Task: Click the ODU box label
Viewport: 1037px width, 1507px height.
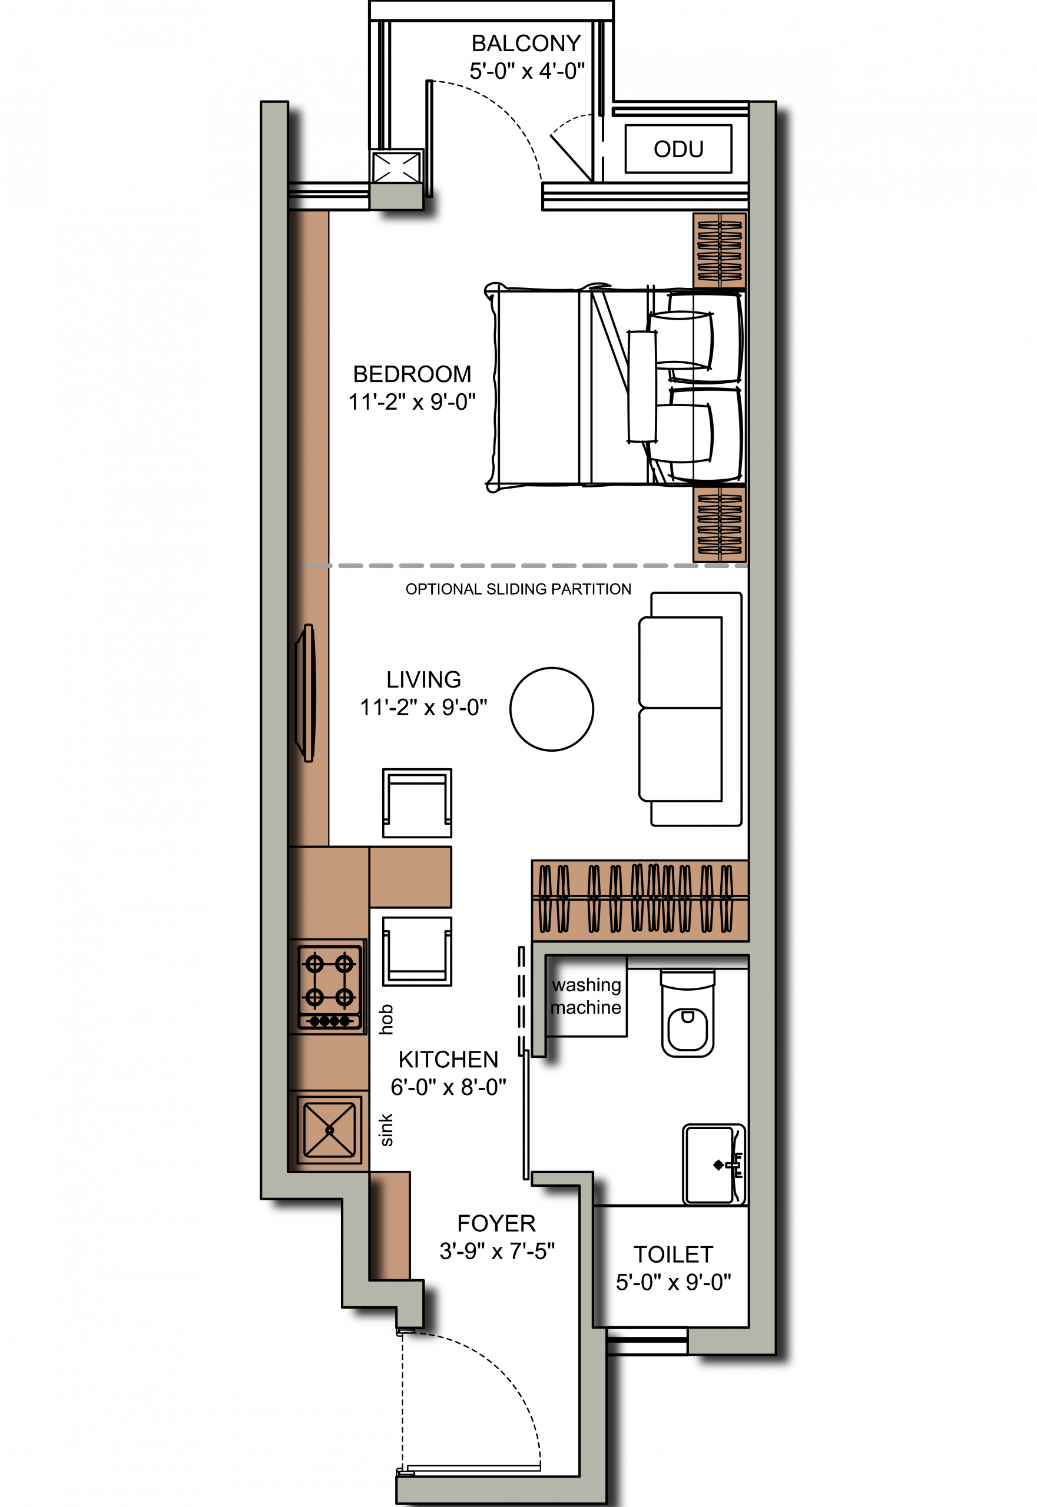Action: pyautogui.click(x=678, y=149)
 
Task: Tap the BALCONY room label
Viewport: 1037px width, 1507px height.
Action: pyautogui.click(x=526, y=44)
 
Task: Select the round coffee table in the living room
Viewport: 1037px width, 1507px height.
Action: pyautogui.click(x=552, y=709)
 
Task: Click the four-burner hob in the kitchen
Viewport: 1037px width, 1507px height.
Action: pyautogui.click(x=329, y=987)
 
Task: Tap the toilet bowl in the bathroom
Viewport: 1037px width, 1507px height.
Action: pyautogui.click(x=687, y=1013)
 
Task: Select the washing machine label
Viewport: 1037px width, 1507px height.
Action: pyautogui.click(x=586, y=997)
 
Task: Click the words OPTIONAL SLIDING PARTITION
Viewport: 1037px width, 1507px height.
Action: pyautogui.click(x=518, y=589)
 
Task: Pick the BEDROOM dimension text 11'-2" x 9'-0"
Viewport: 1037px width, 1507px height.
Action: pyautogui.click(x=412, y=402)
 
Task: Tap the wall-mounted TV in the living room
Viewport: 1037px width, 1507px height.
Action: pyautogui.click(x=306, y=692)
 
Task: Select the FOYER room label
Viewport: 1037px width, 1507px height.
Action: pyautogui.click(x=496, y=1223)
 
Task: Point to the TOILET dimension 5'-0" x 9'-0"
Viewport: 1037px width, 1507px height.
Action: pyautogui.click(x=673, y=1282)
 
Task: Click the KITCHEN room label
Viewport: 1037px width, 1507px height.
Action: pyautogui.click(x=448, y=1060)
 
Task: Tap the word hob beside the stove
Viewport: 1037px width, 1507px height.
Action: pyautogui.click(x=386, y=1019)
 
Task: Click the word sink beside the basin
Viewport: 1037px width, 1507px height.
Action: pyautogui.click(x=386, y=1130)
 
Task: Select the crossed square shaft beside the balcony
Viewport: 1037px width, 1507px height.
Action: pyautogui.click(x=396, y=167)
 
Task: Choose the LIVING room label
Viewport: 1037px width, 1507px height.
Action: pyautogui.click(x=423, y=679)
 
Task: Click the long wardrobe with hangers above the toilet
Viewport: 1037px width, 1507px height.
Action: pyautogui.click(x=640, y=900)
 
